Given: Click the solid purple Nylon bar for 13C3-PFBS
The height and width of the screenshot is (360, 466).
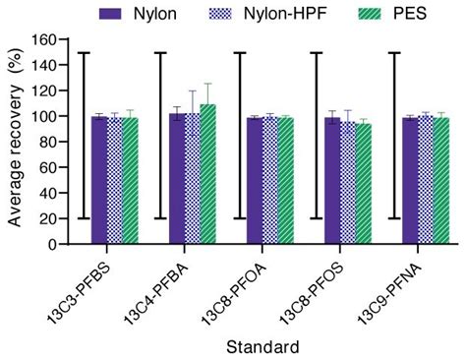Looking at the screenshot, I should [x=98, y=181].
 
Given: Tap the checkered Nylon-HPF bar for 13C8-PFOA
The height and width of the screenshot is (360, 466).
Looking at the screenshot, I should [x=269, y=181].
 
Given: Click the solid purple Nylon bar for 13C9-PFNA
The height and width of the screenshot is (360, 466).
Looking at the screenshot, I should [x=409, y=181].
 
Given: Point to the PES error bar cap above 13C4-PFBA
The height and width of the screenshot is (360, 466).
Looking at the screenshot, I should [x=207, y=84].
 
